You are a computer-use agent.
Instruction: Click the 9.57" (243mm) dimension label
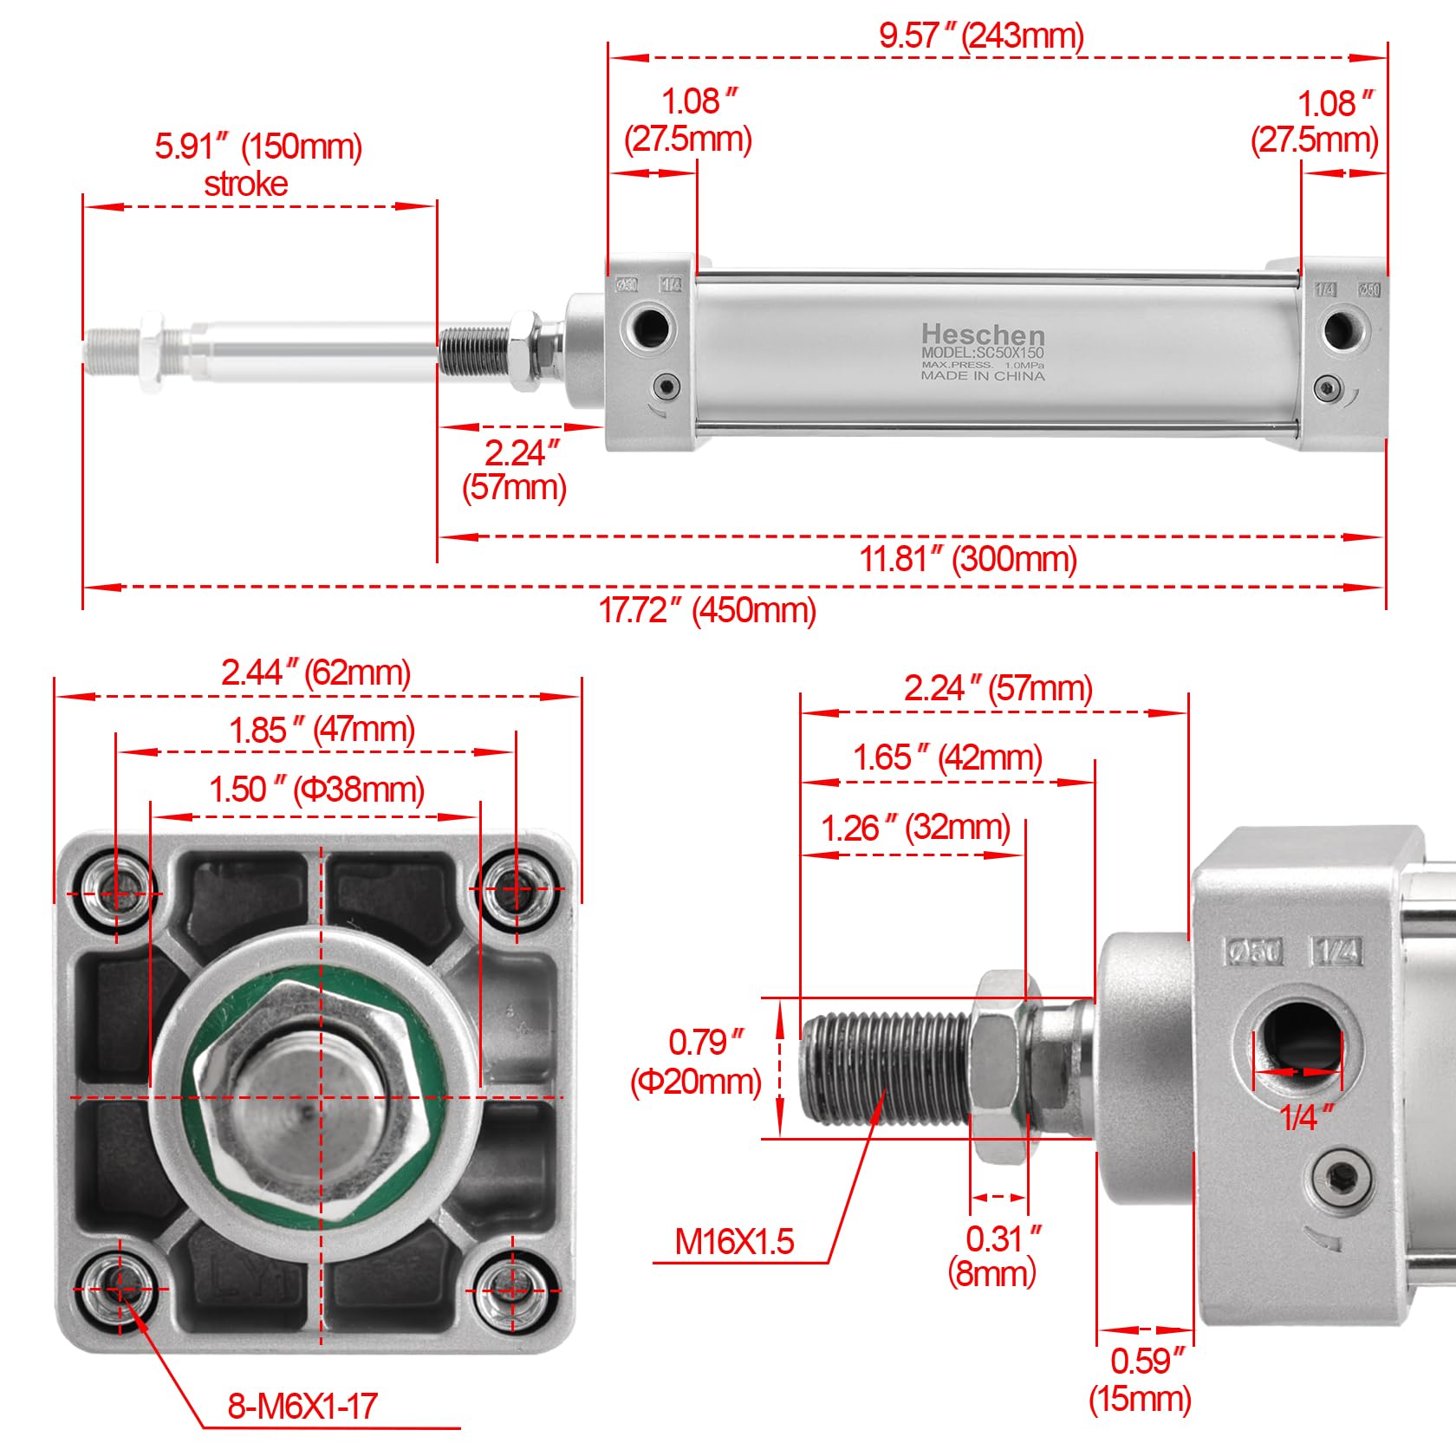(981, 36)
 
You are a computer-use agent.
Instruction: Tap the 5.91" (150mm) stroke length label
(257, 146)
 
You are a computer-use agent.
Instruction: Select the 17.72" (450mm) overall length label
(707, 610)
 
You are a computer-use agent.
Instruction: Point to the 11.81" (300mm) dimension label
(968, 559)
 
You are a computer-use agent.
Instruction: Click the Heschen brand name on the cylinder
(982, 335)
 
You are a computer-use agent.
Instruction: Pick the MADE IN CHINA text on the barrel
(982, 376)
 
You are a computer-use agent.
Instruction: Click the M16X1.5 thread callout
(734, 1242)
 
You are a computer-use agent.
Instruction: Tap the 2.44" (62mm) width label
(315, 673)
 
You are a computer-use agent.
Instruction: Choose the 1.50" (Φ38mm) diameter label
(316, 790)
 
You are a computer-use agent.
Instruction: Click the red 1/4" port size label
(1306, 1118)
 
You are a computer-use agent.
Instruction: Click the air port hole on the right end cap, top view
(1342, 328)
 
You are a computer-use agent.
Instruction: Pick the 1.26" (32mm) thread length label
(915, 829)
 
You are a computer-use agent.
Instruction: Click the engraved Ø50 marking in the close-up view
(1254, 952)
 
